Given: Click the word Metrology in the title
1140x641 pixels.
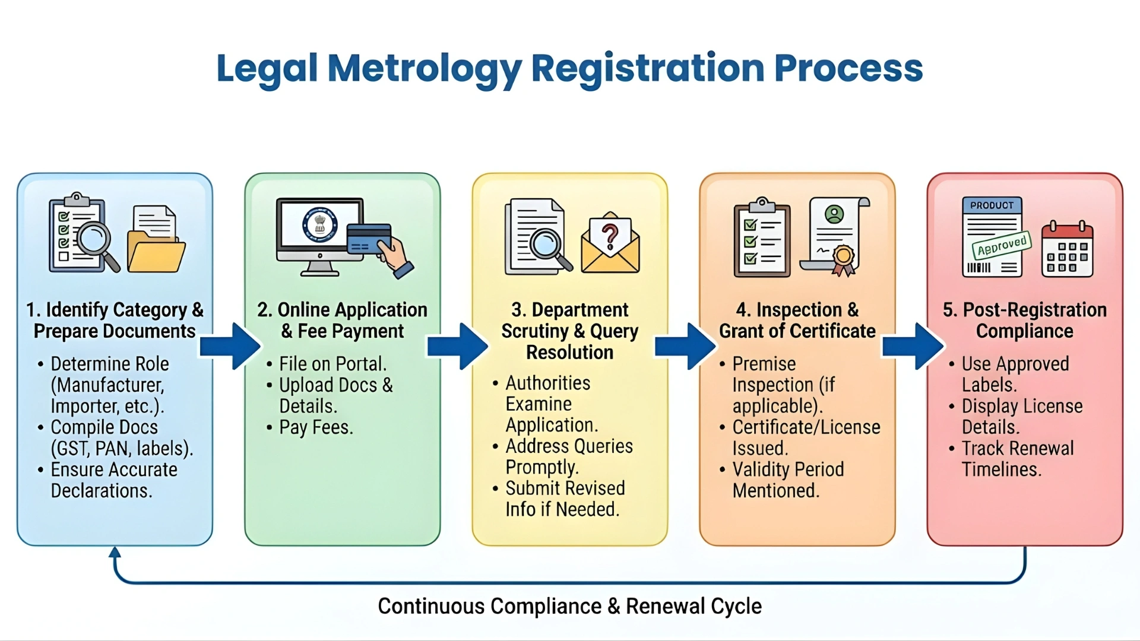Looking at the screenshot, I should [x=425, y=69].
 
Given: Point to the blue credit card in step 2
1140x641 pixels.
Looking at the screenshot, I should [x=369, y=239].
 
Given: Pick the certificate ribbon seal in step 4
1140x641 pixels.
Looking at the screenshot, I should [x=843, y=259].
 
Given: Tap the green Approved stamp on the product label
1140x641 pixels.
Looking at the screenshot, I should [x=1002, y=245].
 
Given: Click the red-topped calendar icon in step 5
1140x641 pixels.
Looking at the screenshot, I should [x=1067, y=250].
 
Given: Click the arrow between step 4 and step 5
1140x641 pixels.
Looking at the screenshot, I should [x=913, y=346].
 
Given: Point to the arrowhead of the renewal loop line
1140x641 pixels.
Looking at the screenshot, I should [x=115, y=553].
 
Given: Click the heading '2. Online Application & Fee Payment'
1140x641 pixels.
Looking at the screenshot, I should [x=343, y=320].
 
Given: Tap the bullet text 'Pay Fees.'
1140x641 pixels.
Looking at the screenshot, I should [x=316, y=427].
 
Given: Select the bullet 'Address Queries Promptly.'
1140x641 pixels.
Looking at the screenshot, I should [x=568, y=456].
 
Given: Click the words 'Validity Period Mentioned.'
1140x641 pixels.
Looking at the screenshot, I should [x=787, y=480].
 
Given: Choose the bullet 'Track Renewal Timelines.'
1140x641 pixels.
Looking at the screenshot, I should [x=1017, y=459].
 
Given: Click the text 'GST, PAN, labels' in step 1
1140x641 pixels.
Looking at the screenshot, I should [x=121, y=448].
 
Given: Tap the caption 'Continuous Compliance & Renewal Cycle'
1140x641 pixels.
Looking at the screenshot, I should [x=569, y=606].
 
